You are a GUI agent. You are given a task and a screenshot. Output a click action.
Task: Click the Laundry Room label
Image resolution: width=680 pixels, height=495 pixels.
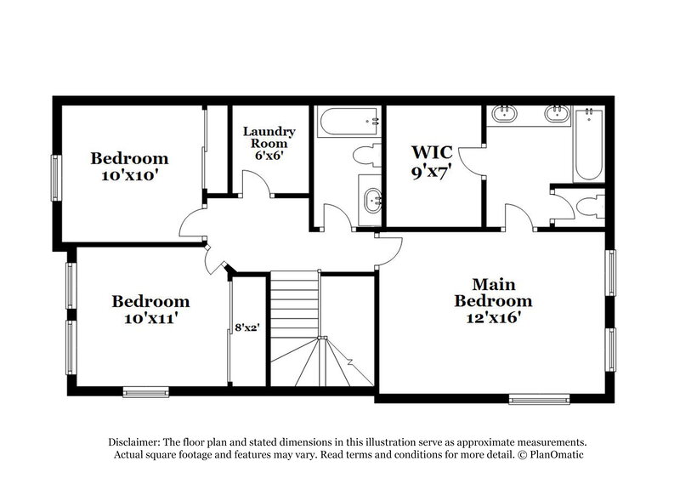[x=269, y=138]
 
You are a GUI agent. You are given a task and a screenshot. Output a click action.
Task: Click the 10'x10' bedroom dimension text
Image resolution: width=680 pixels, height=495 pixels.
[x=130, y=174]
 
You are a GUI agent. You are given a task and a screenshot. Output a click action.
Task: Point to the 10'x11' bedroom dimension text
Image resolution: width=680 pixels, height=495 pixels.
[x=150, y=319]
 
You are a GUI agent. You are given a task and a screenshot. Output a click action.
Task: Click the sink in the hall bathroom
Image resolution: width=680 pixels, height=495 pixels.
[x=371, y=201]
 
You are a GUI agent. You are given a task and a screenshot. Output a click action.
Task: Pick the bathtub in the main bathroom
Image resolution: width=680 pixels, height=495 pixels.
[x=587, y=145]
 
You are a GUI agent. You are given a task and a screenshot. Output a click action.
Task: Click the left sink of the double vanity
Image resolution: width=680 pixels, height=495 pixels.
[x=503, y=113]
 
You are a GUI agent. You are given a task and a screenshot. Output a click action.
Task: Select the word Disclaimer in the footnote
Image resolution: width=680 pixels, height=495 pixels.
[x=136, y=443]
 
